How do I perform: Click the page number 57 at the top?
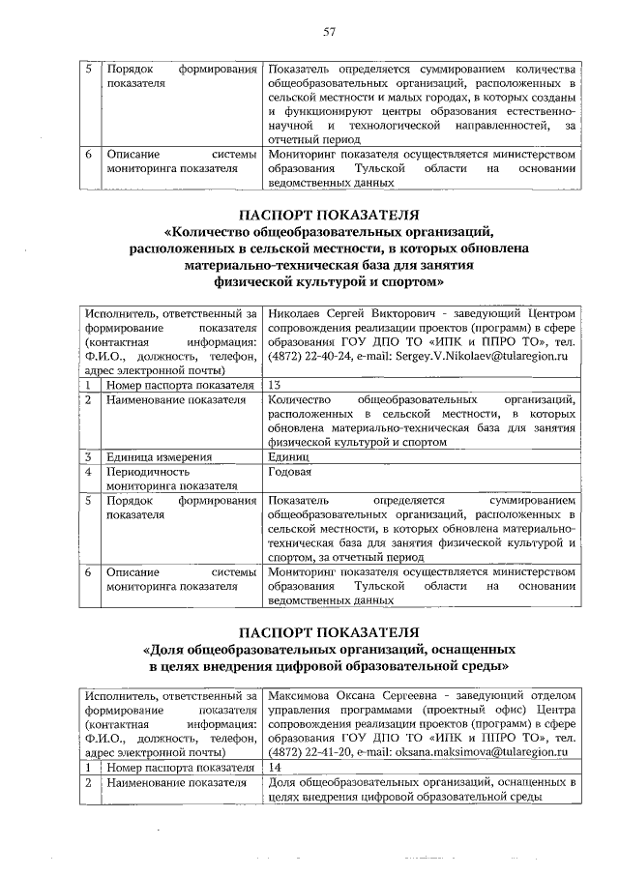coord(328,32)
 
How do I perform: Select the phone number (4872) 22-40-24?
coord(309,357)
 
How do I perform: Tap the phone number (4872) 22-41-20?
coord(309,752)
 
